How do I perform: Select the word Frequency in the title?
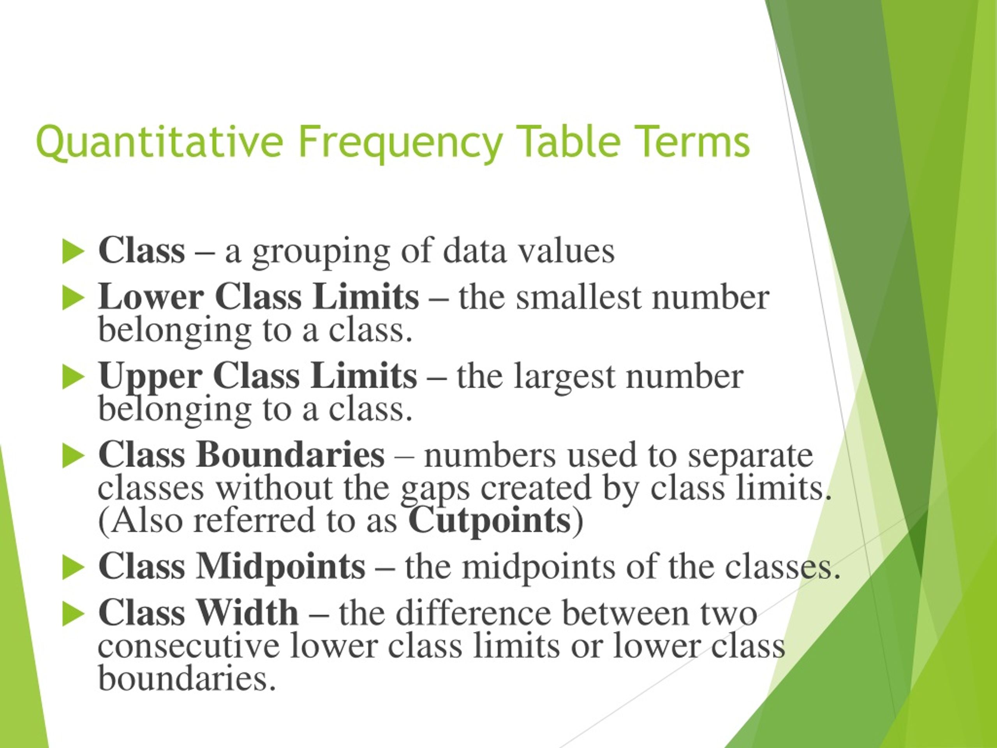(x=400, y=144)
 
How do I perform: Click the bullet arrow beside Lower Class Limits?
(x=73, y=298)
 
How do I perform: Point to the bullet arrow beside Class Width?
(x=73, y=614)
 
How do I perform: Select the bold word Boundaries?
(x=290, y=455)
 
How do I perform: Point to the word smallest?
(x=578, y=298)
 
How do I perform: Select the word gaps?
(x=435, y=490)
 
